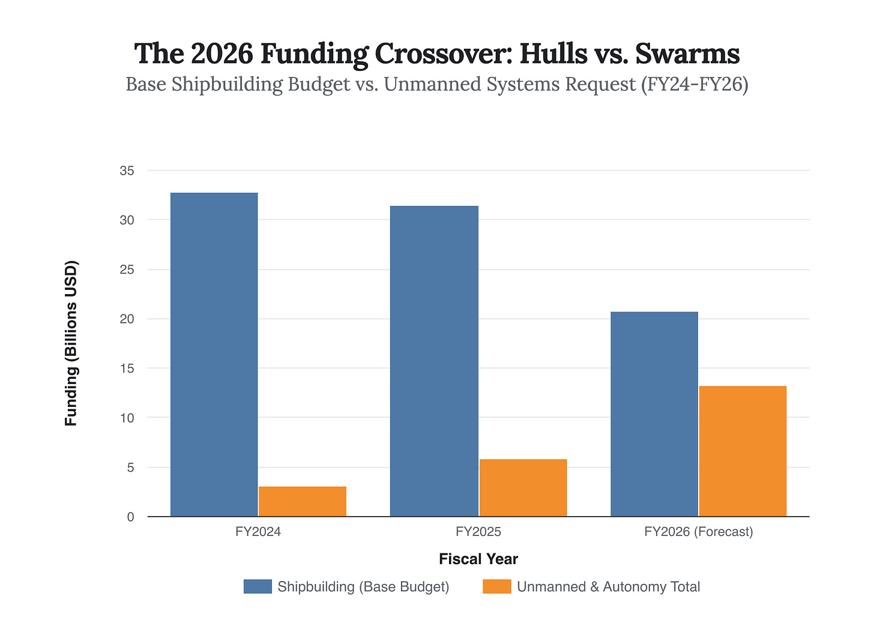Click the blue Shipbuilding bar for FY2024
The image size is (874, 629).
pyautogui.click(x=214, y=354)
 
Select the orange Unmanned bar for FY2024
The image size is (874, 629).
pyautogui.click(x=303, y=501)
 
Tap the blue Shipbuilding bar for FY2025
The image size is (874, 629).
pyautogui.click(x=434, y=361)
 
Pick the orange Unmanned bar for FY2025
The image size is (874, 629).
pyautogui.click(x=523, y=487)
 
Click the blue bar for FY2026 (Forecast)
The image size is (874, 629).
pyautogui.click(x=654, y=414)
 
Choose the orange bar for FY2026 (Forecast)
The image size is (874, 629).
pyautogui.click(x=743, y=451)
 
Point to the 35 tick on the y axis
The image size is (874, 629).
pyautogui.click(x=127, y=171)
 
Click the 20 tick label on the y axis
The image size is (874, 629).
pyautogui.click(x=127, y=319)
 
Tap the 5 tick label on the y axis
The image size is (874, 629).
pyautogui.click(x=130, y=468)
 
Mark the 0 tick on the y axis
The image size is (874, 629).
pyautogui.click(x=130, y=517)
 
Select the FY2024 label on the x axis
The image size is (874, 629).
pyautogui.click(x=258, y=532)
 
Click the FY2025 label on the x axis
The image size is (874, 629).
pyautogui.click(x=478, y=532)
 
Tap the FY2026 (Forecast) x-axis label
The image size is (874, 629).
pyautogui.click(x=698, y=532)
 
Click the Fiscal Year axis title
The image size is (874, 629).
pyautogui.click(x=478, y=559)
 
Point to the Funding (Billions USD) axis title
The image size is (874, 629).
pyautogui.click(x=71, y=343)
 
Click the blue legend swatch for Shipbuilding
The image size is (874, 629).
pyautogui.click(x=258, y=586)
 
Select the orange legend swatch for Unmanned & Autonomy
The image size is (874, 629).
pyautogui.click(x=496, y=586)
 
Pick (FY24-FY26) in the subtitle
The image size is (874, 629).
pyautogui.click(x=695, y=85)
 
